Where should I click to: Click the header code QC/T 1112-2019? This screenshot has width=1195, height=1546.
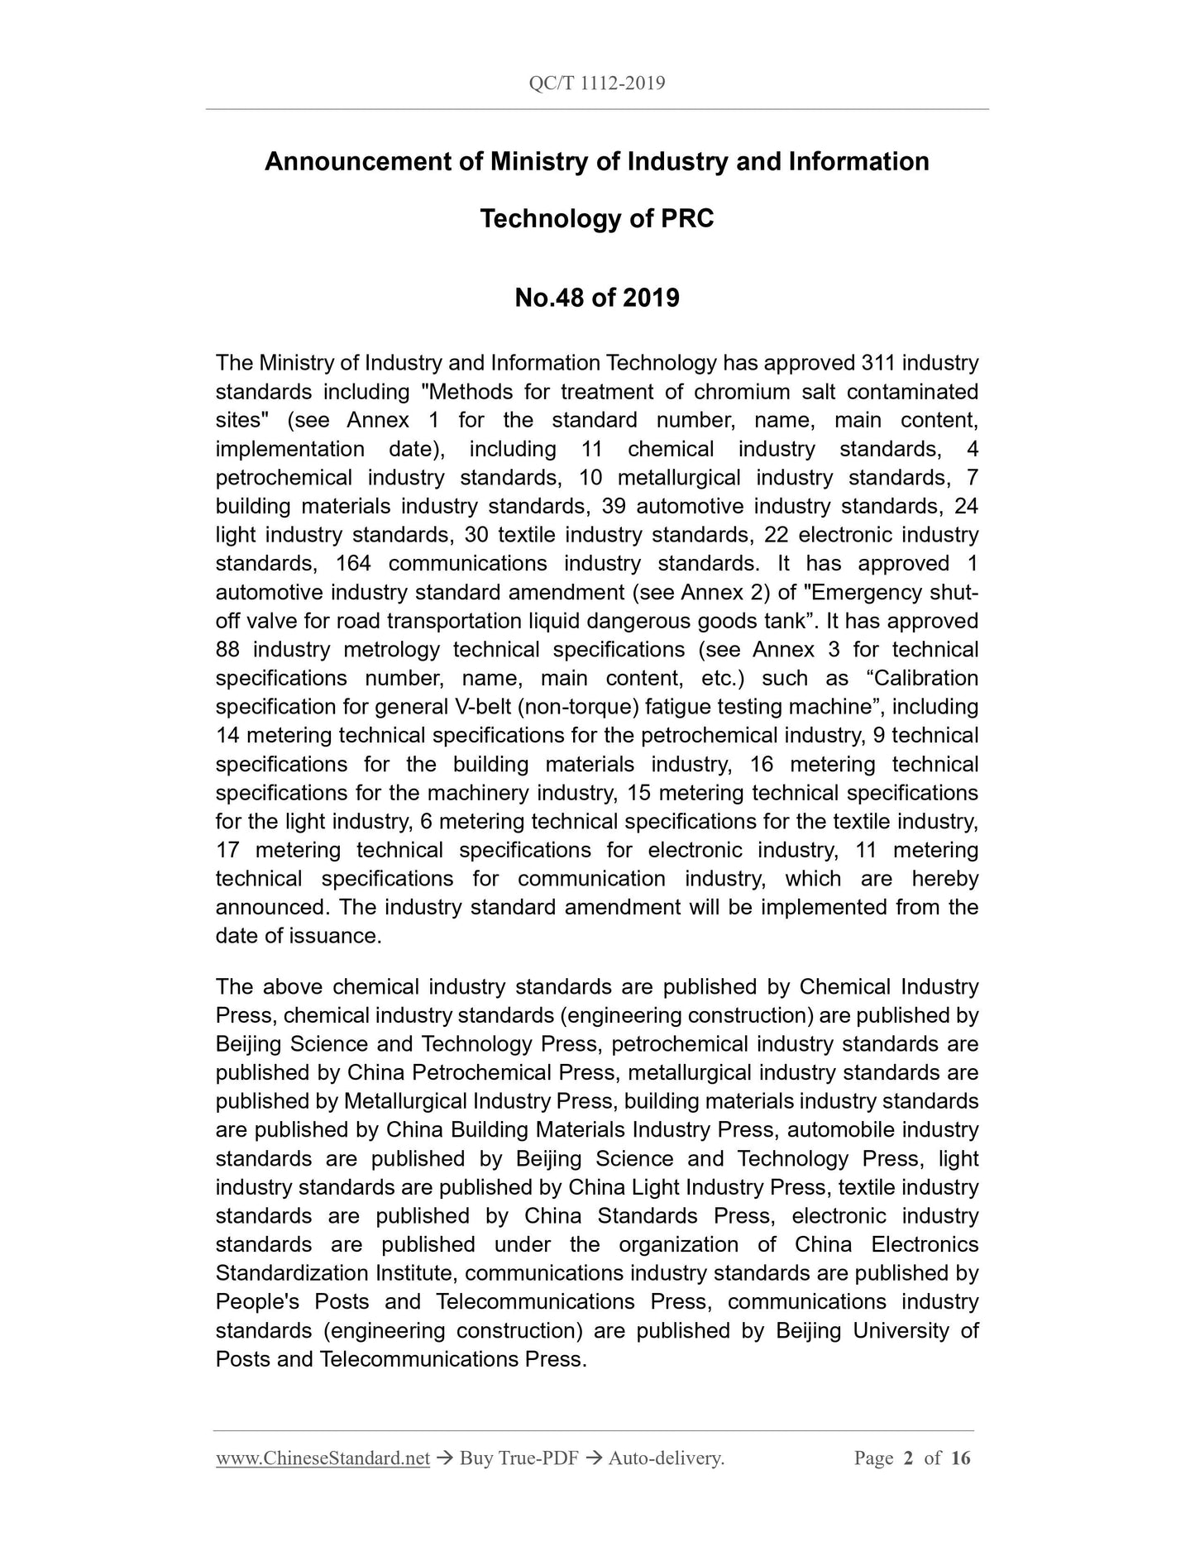[596, 84]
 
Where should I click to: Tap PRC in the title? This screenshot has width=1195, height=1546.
[686, 219]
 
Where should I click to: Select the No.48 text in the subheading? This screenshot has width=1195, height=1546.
[549, 297]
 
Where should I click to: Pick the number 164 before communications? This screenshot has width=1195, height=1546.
[354, 564]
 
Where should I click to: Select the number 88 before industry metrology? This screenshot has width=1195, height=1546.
[227, 650]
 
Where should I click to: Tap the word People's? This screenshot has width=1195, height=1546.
[257, 1302]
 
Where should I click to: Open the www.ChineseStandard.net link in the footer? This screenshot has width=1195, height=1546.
[323, 1459]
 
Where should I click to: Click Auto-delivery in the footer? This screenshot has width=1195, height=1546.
[666, 1459]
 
